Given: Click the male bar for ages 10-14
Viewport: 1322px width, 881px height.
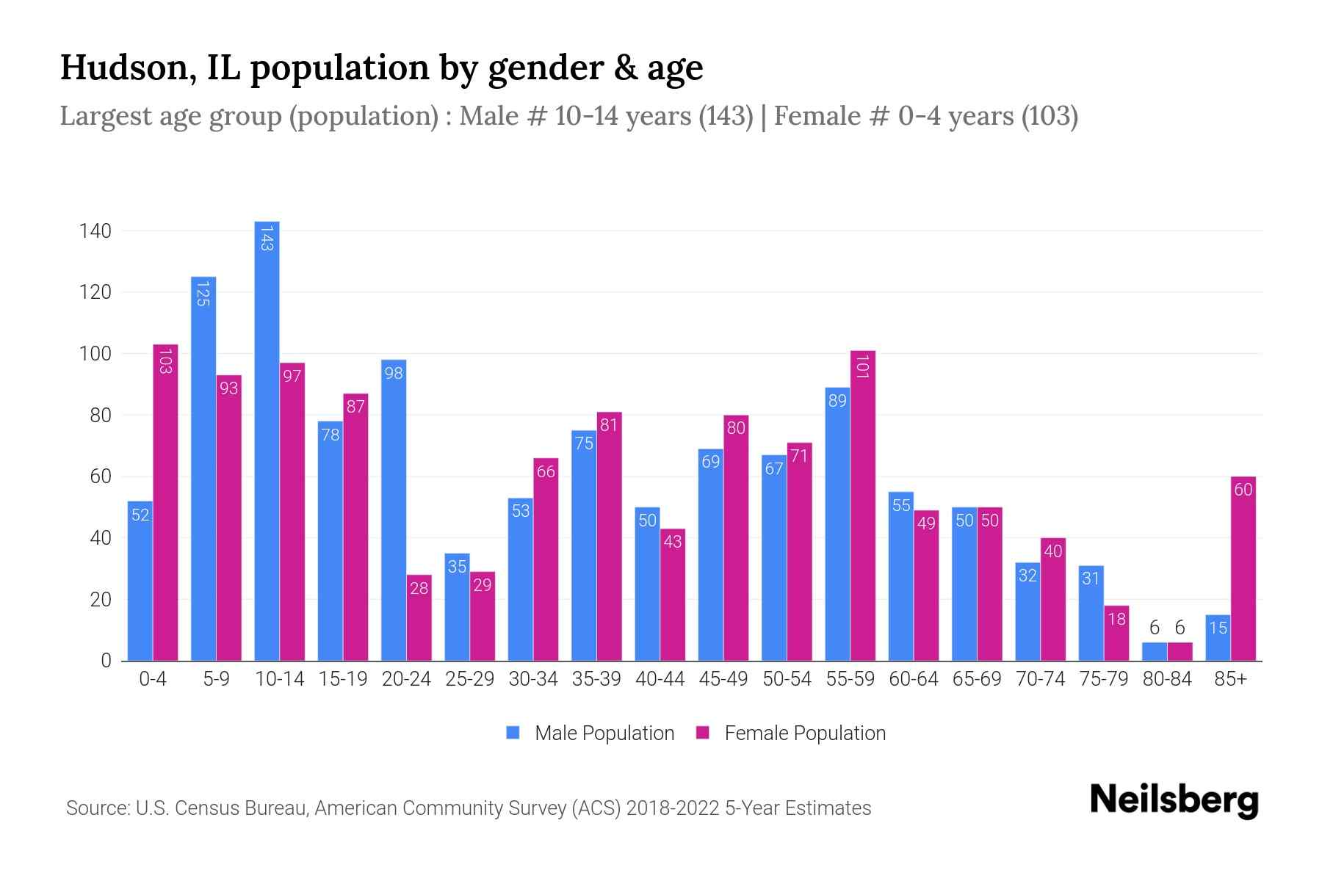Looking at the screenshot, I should coord(267,440).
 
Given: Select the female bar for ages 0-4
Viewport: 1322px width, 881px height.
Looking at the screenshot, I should coord(165,503).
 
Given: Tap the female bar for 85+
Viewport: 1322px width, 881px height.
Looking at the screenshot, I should coord(1243,569).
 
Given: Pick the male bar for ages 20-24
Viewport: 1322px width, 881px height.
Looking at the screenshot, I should coord(394,510).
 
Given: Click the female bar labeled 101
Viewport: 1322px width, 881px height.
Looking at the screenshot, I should coord(863,507).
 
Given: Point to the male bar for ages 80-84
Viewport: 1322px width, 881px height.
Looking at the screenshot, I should coord(1154,651).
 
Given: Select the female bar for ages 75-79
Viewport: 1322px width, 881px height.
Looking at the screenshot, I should coord(1116,633).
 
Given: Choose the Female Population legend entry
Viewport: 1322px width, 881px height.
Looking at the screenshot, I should coord(791,733).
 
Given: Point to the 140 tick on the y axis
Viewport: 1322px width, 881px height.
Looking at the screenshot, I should coord(95,231).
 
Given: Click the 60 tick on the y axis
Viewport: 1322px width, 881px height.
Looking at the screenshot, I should coord(100,476).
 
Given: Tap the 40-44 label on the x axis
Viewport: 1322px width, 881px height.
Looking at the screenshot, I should coord(660,679).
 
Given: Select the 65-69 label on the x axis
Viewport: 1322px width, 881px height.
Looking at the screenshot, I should coord(977,679).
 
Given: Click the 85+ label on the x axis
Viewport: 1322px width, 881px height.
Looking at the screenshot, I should coord(1230,679).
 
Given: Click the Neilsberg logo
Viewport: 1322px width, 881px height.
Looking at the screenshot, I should coord(1174,800).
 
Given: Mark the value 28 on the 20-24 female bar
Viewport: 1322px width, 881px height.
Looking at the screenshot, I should coord(419,588).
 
